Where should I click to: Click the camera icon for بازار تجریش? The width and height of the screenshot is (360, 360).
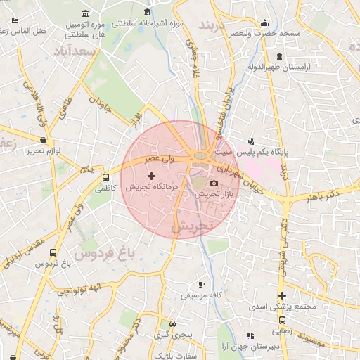coord(214,184)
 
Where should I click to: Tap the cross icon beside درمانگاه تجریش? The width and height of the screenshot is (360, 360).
coord(151,175)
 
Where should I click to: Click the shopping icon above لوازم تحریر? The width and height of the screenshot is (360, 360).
coord(44,141)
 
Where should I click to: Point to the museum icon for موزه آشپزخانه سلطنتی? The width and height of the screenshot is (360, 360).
coord(146,13)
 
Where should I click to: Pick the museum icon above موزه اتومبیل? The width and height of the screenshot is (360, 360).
coord(86,13)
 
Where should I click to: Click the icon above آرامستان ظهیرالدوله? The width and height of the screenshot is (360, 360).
coord(280,56)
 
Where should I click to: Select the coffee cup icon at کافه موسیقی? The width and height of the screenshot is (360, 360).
coord(202,285)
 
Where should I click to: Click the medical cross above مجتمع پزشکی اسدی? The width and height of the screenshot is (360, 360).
coord(283,296)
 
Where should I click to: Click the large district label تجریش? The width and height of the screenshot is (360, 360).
coord(191,228)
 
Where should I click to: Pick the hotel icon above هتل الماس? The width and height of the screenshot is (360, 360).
coord(15,20)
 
